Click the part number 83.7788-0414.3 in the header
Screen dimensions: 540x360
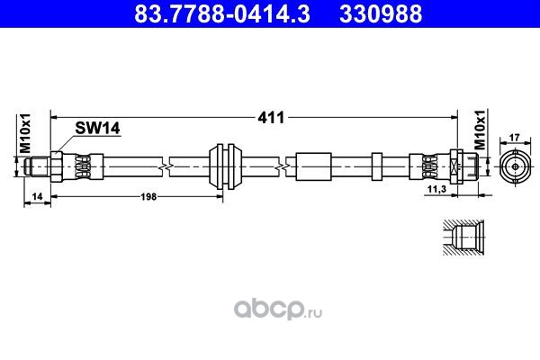pos(222,13)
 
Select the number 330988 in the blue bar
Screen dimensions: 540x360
pos(381,13)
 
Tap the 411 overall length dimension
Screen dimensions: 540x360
pos(272,118)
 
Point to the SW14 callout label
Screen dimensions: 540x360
pos(97,129)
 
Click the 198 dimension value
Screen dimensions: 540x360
pos(148,197)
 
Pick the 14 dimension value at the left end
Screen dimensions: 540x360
pos(37,197)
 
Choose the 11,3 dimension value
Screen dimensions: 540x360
pos(436,189)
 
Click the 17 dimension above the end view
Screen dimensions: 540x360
pos(515,138)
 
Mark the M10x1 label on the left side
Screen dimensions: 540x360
pos(25,132)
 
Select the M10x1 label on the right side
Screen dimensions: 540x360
pos(480,130)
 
